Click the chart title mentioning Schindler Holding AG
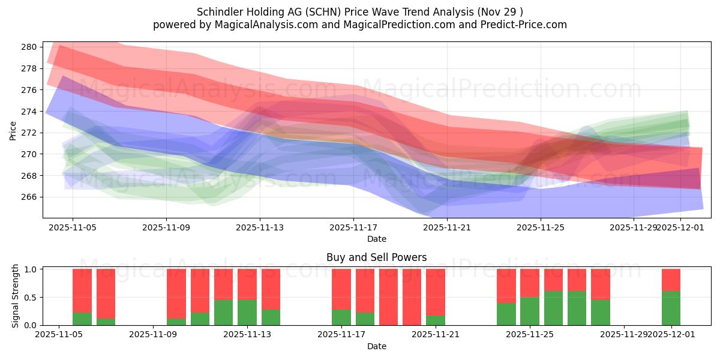(359, 11)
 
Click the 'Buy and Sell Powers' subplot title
(376, 257)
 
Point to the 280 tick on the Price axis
(31, 47)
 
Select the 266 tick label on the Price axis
(31, 197)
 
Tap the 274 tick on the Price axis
(31, 111)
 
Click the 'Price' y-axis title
(13, 130)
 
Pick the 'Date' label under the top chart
(376, 239)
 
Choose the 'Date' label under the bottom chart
(376, 346)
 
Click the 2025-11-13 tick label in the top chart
(260, 227)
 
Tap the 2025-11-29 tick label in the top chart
(634, 227)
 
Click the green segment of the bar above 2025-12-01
(671, 308)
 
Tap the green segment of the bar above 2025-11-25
(530, 311)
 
